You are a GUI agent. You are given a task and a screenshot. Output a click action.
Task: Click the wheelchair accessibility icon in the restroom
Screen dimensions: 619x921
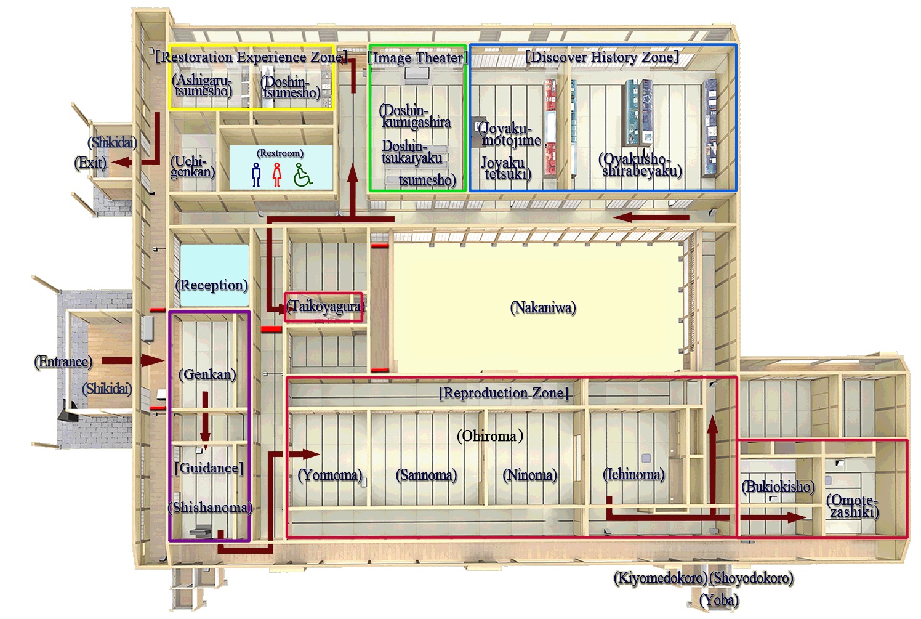tap(302, 174)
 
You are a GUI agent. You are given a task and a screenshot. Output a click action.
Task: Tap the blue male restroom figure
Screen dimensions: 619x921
tap(256, 175)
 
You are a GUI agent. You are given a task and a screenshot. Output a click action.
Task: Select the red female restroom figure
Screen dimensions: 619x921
tap(277, 175)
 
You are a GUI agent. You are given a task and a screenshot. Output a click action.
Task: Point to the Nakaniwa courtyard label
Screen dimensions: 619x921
tap(543, 307)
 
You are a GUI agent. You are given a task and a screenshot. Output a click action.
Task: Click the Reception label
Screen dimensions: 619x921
tap(212, 285)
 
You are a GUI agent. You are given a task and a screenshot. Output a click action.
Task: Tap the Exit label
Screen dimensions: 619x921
tap(90, 163)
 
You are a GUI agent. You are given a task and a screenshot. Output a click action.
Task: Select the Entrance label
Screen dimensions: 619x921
tap(63, 362)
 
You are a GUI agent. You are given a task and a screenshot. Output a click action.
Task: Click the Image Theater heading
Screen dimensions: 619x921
tap(417, 58)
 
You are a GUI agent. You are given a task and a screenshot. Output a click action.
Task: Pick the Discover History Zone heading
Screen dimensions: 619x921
tap(601, 57)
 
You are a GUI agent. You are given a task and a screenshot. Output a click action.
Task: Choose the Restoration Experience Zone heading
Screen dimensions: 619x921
tap(251, 57)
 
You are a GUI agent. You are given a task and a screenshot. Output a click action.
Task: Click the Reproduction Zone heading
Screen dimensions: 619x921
tap(503, 393)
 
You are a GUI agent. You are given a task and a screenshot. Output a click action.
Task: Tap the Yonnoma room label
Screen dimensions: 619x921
tap(329, 475)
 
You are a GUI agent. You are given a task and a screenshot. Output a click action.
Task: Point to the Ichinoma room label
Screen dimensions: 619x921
tap(633, 474)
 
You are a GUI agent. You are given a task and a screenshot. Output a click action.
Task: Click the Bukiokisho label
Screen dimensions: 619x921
tap(778, 487)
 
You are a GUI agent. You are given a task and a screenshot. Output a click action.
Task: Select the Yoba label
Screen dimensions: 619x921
tap(719, 599)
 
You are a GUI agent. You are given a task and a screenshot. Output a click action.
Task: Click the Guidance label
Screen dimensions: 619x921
tap(209, 468)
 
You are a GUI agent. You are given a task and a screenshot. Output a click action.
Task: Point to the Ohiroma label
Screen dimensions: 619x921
tap(489, 436)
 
